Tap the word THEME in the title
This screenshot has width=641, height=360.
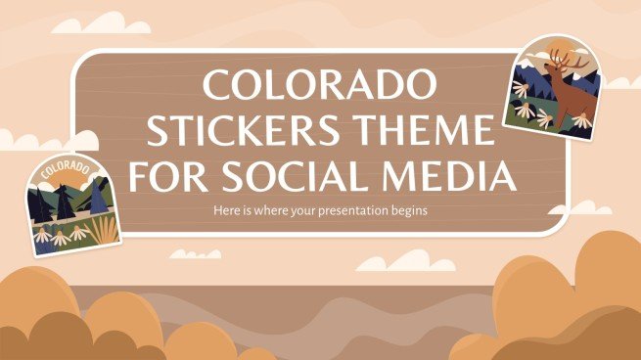(432, 133)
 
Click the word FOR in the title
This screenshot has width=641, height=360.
(167, 177)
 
